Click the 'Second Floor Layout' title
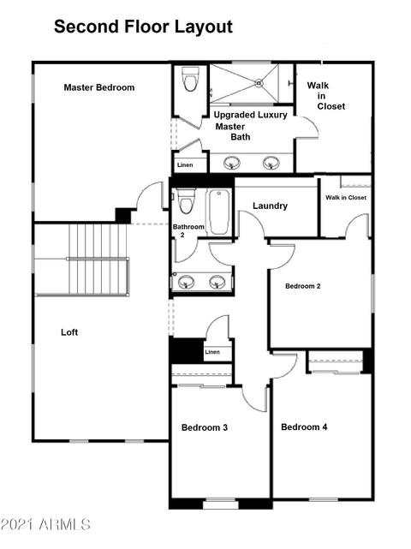tap(143, 27)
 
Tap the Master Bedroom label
tap(99, 87)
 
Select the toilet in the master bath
tap(190, 80)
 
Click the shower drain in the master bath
tap(259, 83)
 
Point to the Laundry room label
tap(270, 206)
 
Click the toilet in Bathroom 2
tap(186, 201)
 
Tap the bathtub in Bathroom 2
tap(219, 212)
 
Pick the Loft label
tap(69, 332)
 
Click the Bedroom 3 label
tap(205, 427)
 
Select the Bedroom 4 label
tap(304, 427)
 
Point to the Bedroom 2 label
tap(303, 286)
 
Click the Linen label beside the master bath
tap(185, 165)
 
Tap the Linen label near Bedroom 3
tap(212, 352)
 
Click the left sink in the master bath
tap(232, 163)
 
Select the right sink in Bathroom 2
tap(217, 282)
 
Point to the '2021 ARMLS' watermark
tap(45, 524)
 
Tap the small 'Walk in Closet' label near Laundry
tap(346, 198)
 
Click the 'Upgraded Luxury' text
tap(250, 115)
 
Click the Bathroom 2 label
tap(188, 230)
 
